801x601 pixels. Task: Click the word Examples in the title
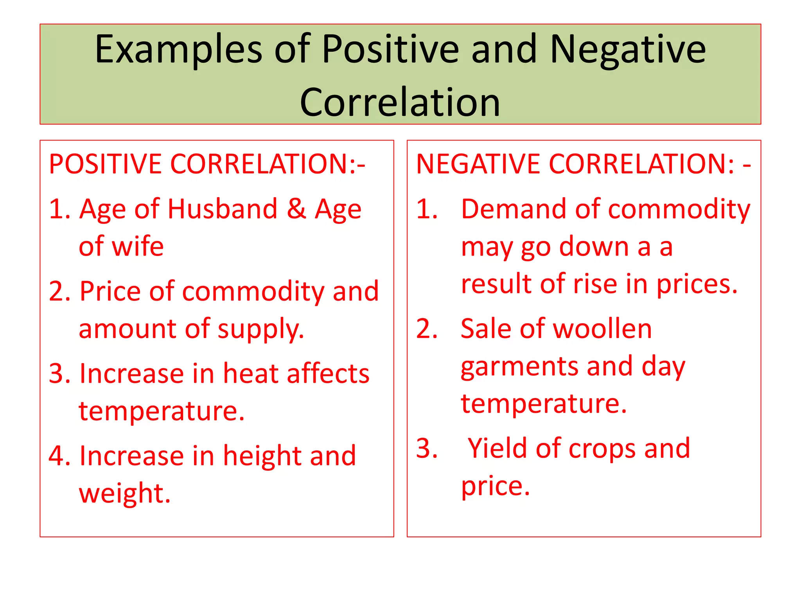[178, 50]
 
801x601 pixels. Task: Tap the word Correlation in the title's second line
[400, 103]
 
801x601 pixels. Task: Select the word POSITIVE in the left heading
[105, 164]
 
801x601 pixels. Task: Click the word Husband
[223, 209]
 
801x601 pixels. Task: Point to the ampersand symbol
[296, 209]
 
